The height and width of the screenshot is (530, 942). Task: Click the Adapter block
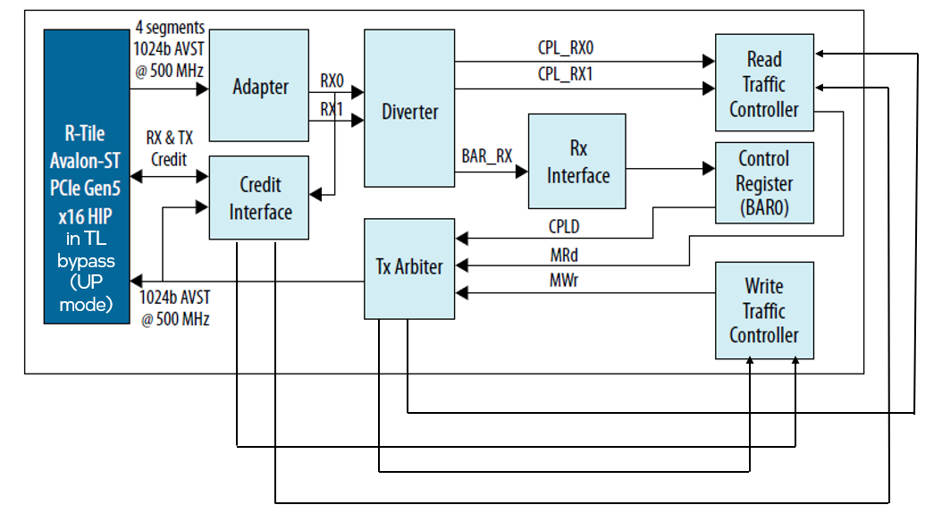[260, 86]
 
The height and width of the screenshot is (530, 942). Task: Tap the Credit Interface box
[259, 198]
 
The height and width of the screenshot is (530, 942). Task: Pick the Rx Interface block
[577, 161]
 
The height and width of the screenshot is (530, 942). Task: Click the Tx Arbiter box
[409, 266]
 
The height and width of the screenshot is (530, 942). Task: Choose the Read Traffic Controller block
[764, 84]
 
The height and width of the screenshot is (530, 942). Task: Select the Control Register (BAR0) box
[764, 184]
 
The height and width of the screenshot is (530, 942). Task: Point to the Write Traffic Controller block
[764, 310]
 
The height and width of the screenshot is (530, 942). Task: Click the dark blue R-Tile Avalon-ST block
[87, 175]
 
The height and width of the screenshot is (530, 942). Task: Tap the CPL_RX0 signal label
[565, 47]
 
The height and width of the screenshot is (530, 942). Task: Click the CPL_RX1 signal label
[565, 74]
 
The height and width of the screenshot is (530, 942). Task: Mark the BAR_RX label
[487, 156]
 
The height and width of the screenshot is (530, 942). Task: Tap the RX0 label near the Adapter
[332, 81]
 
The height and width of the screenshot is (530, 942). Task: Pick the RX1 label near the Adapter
[332, 109]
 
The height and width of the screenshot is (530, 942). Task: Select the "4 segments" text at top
[171, 27]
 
